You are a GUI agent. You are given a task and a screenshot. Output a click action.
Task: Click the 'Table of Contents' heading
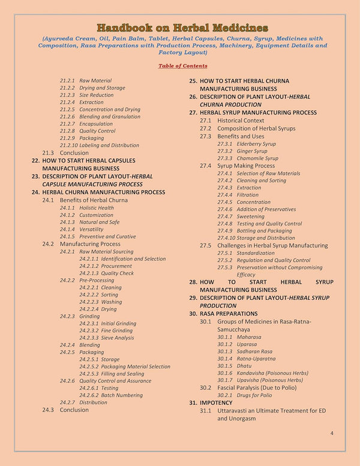183,65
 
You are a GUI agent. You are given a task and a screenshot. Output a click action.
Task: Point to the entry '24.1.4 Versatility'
82,229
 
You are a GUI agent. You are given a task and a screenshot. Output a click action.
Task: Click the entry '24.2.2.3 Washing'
100,302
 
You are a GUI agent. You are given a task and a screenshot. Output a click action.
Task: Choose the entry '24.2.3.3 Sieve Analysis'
107,338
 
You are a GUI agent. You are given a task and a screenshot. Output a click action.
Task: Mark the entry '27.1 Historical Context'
232,121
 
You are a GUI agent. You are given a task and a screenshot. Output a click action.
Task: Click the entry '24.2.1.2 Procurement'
106,266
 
